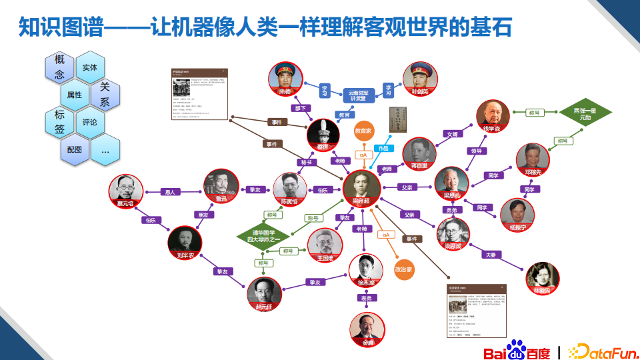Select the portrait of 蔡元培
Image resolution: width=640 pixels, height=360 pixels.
pyautogui.click(x=126, y=191)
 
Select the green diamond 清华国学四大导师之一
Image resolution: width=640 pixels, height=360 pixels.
pyautogui.click(x=262, y=236)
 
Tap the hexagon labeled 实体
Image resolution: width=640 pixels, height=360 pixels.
pyautogui.click(x=90, y=67)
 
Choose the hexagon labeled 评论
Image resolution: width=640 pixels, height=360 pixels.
pyautogui.click(x=90, y=122)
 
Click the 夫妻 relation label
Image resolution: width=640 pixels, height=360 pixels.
pyautogui.click(x=491, y=255)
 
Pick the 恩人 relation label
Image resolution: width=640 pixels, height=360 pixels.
pyautogui.click(x=171, y=192)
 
